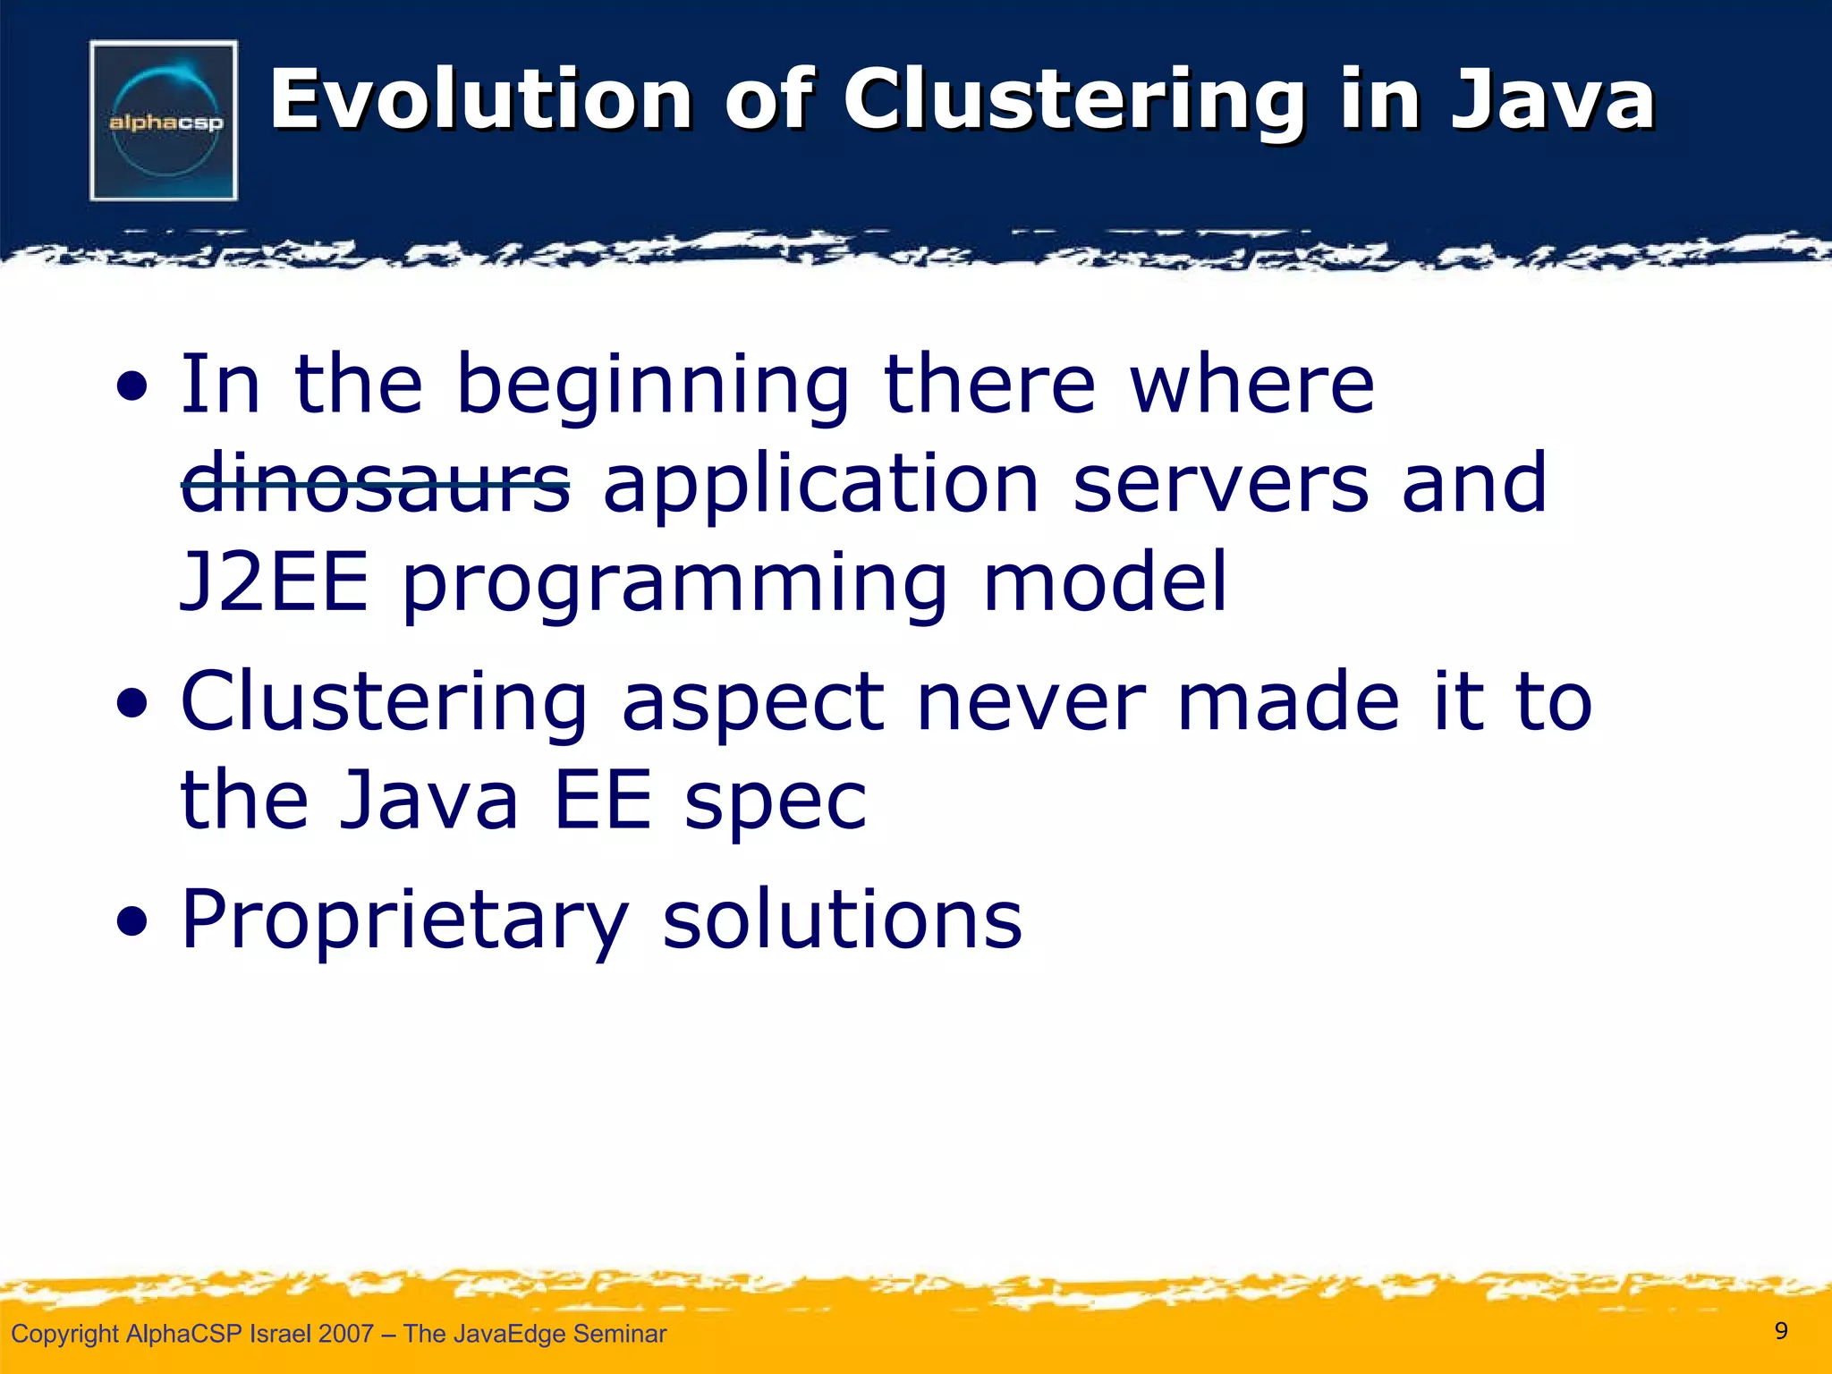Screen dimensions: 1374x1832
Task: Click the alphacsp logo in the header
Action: tap(164, 121)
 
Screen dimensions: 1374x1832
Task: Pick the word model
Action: tap(1106, 582)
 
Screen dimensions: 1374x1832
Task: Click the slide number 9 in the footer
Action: tap(1781, 1331)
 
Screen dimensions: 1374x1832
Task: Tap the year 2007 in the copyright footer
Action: tap(345, 1334)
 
